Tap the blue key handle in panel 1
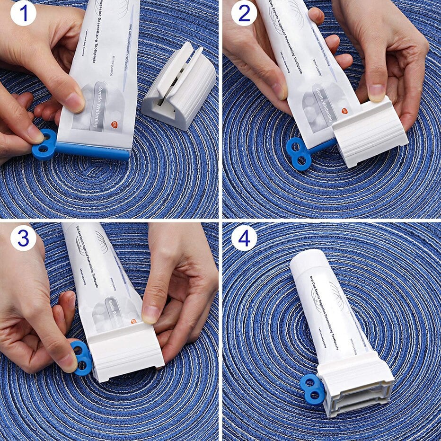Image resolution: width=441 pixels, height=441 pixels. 44,144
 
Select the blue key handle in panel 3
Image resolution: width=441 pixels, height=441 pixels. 82,358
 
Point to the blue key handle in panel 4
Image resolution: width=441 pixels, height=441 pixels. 313,389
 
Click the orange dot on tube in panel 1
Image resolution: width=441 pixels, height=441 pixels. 114,124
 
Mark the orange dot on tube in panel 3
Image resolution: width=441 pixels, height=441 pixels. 133,323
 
